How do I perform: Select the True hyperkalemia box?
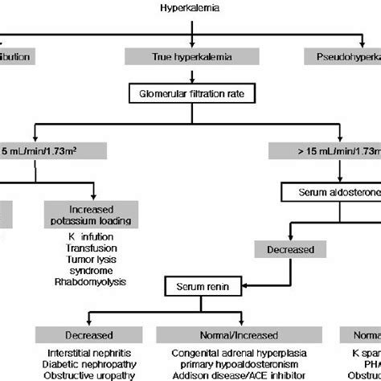(190, 56)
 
